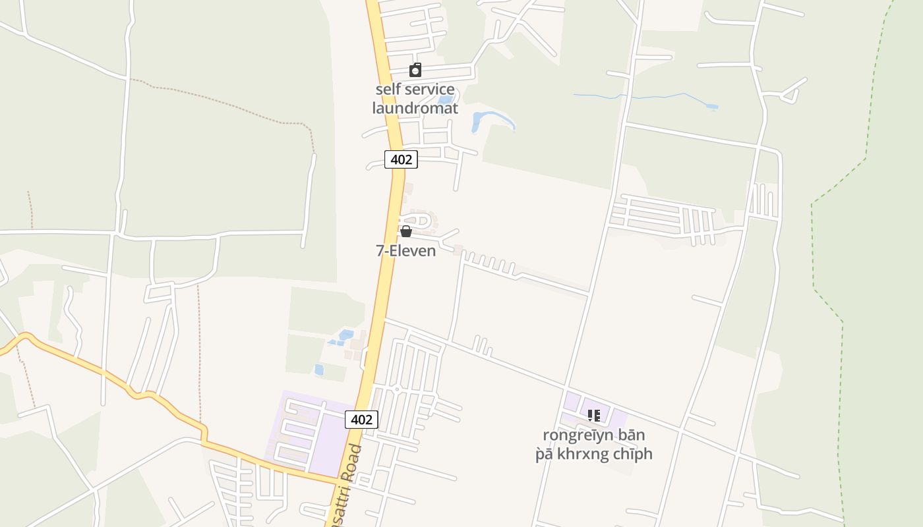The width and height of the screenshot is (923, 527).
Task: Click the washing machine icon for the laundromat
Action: (415, 70)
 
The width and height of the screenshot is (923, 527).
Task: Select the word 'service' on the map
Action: (429, 90)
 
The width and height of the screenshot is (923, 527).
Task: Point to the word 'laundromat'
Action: (415, 108)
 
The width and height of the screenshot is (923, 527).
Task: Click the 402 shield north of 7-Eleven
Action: (401, 159)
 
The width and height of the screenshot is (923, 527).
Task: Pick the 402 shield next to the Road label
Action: (361, 420)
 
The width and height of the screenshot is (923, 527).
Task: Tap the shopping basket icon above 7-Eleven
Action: (406, 231)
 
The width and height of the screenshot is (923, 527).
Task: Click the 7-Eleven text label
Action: (406, 251)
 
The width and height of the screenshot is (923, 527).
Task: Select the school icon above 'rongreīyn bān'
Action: (594, 416)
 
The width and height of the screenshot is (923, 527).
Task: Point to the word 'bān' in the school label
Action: (631, 435)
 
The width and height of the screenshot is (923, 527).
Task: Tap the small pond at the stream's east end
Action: (712, 107)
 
